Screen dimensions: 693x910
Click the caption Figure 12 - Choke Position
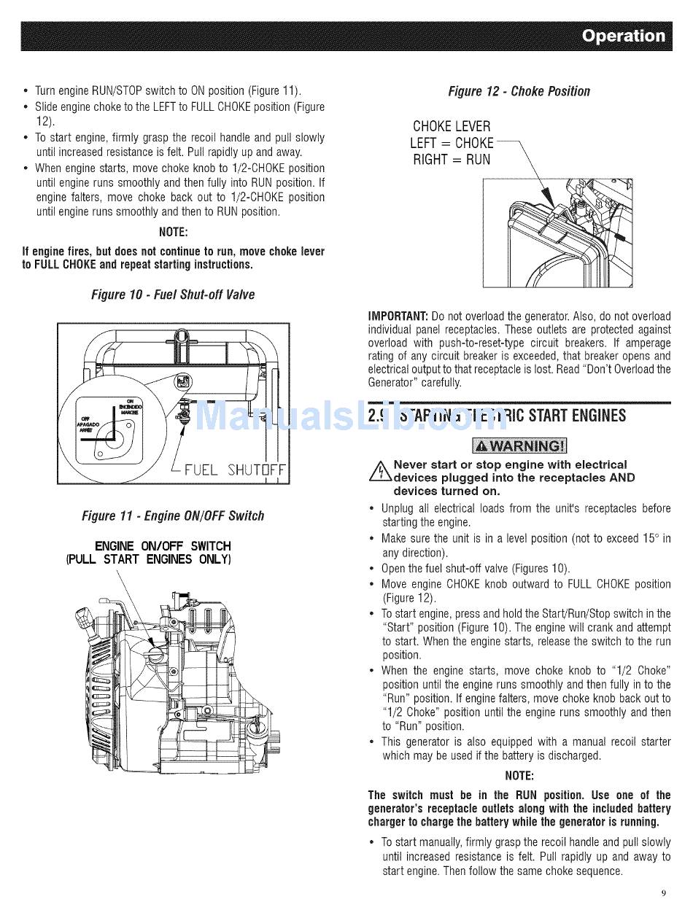coord(519,91)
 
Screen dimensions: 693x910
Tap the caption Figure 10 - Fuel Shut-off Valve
coord(173,295)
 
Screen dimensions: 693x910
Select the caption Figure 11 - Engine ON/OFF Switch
coord(173,516)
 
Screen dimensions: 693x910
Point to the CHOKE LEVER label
coord(452,126)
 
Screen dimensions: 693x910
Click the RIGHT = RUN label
coord(452,160)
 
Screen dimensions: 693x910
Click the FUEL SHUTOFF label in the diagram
coord(236,469)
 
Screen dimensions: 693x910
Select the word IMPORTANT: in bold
coord(398,316)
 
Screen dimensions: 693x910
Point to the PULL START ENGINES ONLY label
coord(149,560)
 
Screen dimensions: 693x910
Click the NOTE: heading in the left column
coord(173,233)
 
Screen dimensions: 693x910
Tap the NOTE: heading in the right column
coord(519,775)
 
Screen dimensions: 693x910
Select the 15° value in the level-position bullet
coord(650,539)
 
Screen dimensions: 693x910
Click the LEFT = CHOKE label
coord(452,143)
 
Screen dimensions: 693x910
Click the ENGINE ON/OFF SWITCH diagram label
coord(163,545)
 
